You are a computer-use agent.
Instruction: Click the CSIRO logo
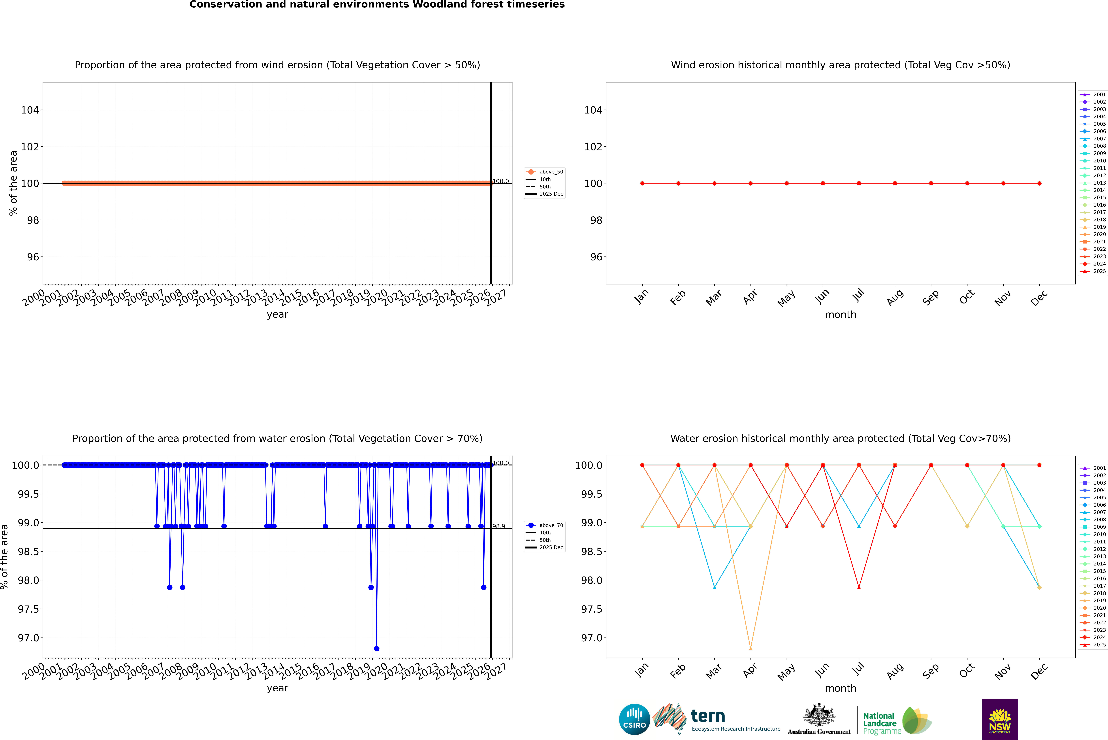coord(634,719)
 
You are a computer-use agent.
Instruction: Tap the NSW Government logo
coord(1000,719)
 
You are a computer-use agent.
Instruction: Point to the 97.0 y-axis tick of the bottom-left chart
coord(28,638)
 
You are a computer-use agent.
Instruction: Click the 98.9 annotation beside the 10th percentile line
coord(499,526)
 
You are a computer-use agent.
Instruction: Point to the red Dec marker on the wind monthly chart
coord(1039,183)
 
